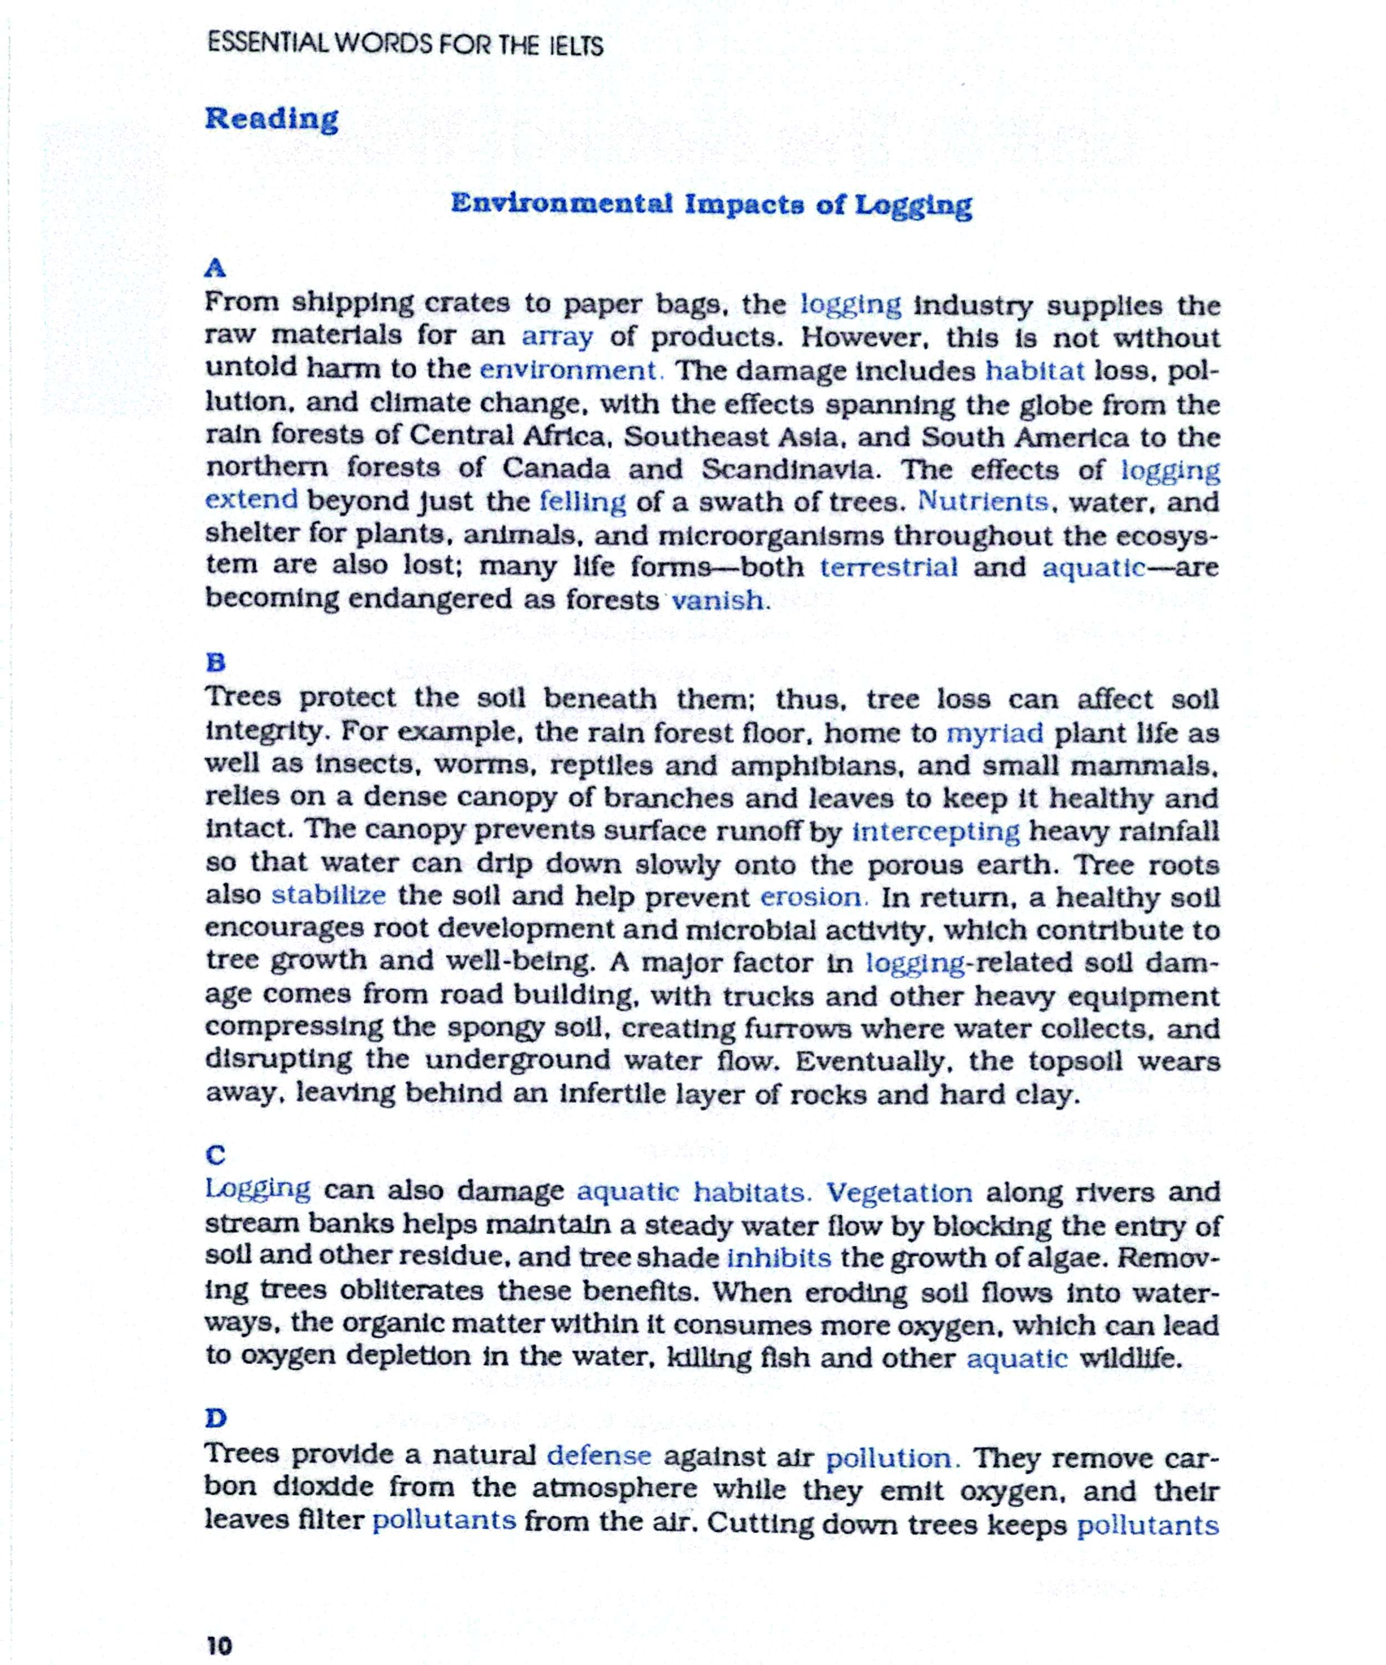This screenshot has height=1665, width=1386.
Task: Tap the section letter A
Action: click(215, 268)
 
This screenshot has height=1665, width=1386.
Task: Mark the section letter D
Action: click(216, 1417)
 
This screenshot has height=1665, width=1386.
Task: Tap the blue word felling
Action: click(582, 502)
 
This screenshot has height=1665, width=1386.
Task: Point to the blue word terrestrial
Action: click(888, 568)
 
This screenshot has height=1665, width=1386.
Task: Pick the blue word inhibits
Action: click(779, 1258)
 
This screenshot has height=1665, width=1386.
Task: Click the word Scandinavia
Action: click(790, 470)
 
